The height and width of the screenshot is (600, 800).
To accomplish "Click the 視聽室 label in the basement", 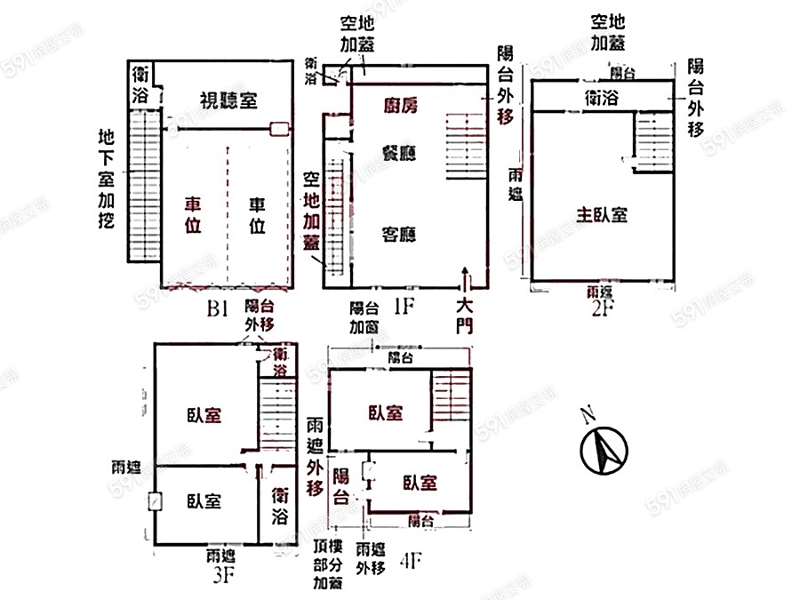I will (x=228, y=100).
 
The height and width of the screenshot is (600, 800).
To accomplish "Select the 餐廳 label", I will (x=400, y=152).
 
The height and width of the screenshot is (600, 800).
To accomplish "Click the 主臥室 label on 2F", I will (x=603, y=214).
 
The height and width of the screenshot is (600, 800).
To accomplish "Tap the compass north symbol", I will (x=604, y=448).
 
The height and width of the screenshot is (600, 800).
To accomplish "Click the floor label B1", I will (x=219, y=309).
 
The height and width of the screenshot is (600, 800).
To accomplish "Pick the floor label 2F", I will (x=604, y=308).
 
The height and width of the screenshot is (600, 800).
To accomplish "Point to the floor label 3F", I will (x=224, y=574).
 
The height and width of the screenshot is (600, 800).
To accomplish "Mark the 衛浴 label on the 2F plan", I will (x=601, y=98).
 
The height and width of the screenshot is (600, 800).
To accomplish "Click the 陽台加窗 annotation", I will (x=364, y=317).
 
